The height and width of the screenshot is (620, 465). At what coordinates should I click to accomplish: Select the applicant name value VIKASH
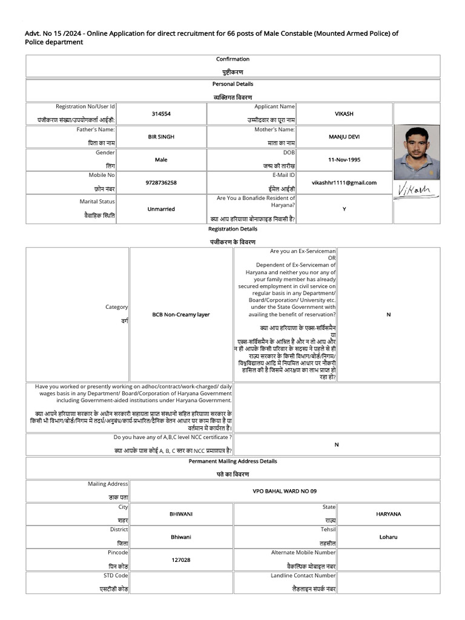(344, 114)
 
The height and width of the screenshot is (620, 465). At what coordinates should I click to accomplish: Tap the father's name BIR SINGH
(161, 137)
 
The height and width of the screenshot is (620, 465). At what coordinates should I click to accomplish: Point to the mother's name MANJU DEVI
(344, 137)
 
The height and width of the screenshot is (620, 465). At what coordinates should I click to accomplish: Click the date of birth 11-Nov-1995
(344, 160)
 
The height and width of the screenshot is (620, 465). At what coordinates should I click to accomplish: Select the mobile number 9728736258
(161, 183)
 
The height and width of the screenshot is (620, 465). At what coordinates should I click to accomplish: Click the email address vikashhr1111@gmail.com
(344, 183)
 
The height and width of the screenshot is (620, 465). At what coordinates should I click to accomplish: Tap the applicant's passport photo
(417, 153)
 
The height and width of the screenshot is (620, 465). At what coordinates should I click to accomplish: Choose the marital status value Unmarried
(161, 209)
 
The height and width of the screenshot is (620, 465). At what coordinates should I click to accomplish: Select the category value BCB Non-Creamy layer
(181, 315)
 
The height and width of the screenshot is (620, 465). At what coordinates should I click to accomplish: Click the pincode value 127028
(181, 560)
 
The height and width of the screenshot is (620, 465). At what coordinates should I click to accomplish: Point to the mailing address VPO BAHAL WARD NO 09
(285, 491)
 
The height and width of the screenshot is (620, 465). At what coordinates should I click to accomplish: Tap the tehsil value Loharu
(388, 537)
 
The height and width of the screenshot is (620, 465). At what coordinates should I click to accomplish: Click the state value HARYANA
(388, 514)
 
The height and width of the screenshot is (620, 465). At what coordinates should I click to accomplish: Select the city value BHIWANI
(181, 514)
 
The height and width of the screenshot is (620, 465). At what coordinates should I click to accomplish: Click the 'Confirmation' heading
(232, 59)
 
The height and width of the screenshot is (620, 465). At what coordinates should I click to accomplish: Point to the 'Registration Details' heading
(232, 229)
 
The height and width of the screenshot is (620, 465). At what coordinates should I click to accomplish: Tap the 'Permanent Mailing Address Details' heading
(232, 461)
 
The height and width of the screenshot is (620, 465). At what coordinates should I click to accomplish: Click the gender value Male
(161, 160)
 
